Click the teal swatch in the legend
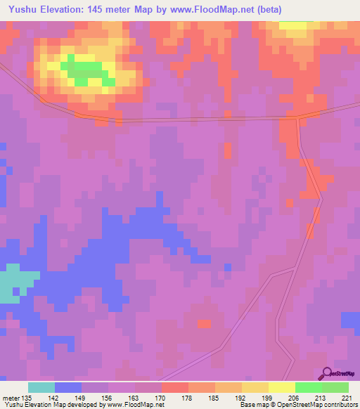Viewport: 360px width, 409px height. pos(41,387)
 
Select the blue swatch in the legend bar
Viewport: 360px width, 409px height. pos(68,387)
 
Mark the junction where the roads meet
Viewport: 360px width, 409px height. pos(298,117)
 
